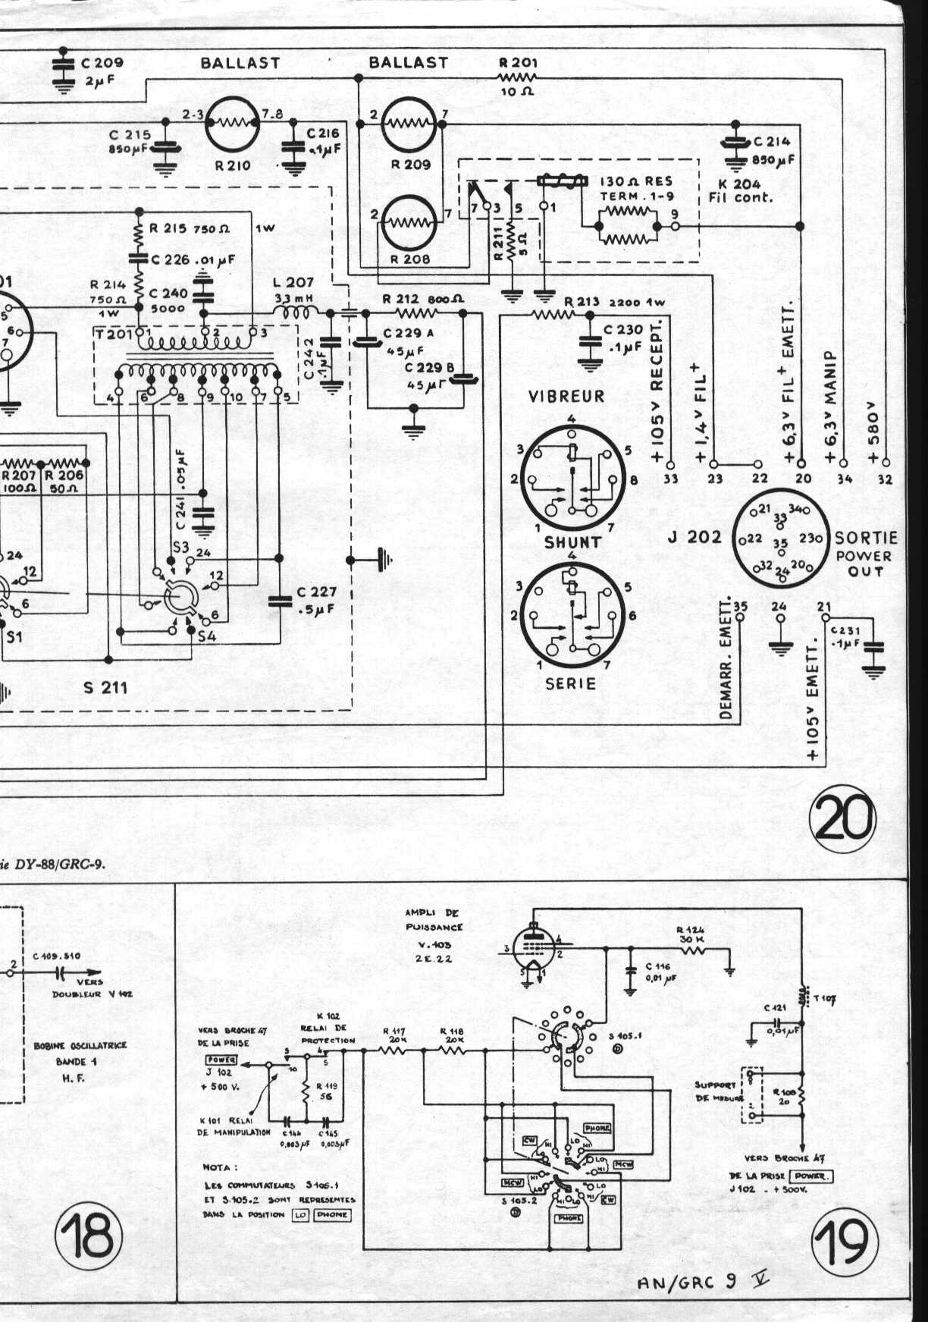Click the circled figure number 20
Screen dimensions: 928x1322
coord(842,820)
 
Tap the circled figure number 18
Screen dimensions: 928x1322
coord(89,1235)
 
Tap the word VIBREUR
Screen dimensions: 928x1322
coord(566,396)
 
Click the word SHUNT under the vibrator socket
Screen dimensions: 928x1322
coord(572,542)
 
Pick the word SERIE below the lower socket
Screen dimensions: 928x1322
coord(571,683)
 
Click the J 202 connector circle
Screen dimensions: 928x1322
coord(780,540)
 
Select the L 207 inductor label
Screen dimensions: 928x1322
coord(293,283)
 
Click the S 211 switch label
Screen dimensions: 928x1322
coord(105,688)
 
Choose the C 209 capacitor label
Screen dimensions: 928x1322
coord(102,63)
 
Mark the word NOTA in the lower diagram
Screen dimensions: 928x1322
coord(220,1167)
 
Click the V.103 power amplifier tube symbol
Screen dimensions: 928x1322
coord(535,945)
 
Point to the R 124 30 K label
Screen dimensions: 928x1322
coord(691,934)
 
